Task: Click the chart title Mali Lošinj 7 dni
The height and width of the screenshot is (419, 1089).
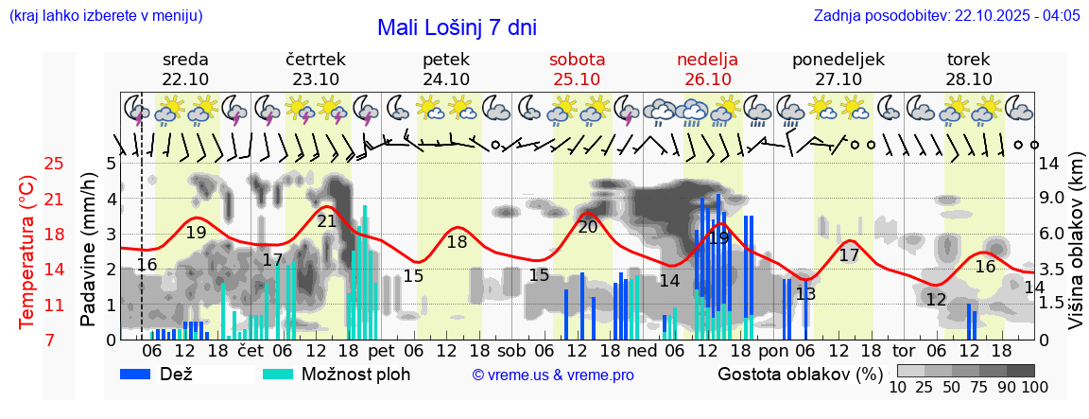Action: [457, 27]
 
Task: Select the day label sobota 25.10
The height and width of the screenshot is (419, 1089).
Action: [577, 69]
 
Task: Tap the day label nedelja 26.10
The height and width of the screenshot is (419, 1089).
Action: [707, 69]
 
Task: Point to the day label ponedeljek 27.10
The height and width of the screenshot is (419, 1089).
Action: [838, 69]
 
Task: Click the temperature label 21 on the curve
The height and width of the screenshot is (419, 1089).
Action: [327, 221]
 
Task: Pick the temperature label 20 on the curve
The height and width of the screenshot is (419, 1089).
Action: [587, 226]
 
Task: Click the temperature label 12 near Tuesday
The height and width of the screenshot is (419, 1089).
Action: [936, 300]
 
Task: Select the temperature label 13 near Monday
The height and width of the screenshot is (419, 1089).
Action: [805, 294]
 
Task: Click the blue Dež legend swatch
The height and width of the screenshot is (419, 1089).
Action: [136, 375]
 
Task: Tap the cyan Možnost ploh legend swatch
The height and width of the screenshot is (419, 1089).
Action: [278, 375]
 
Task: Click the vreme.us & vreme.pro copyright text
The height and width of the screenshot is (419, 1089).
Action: [553, 375]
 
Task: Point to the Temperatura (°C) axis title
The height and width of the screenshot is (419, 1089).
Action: [26, 252]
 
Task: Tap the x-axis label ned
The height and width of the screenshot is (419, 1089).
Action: [642, 350]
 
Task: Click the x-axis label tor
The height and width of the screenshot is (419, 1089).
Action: [904, 350]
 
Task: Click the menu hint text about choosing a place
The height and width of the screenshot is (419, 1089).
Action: [105, 16]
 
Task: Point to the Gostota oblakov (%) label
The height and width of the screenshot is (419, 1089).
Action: [799, 375]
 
